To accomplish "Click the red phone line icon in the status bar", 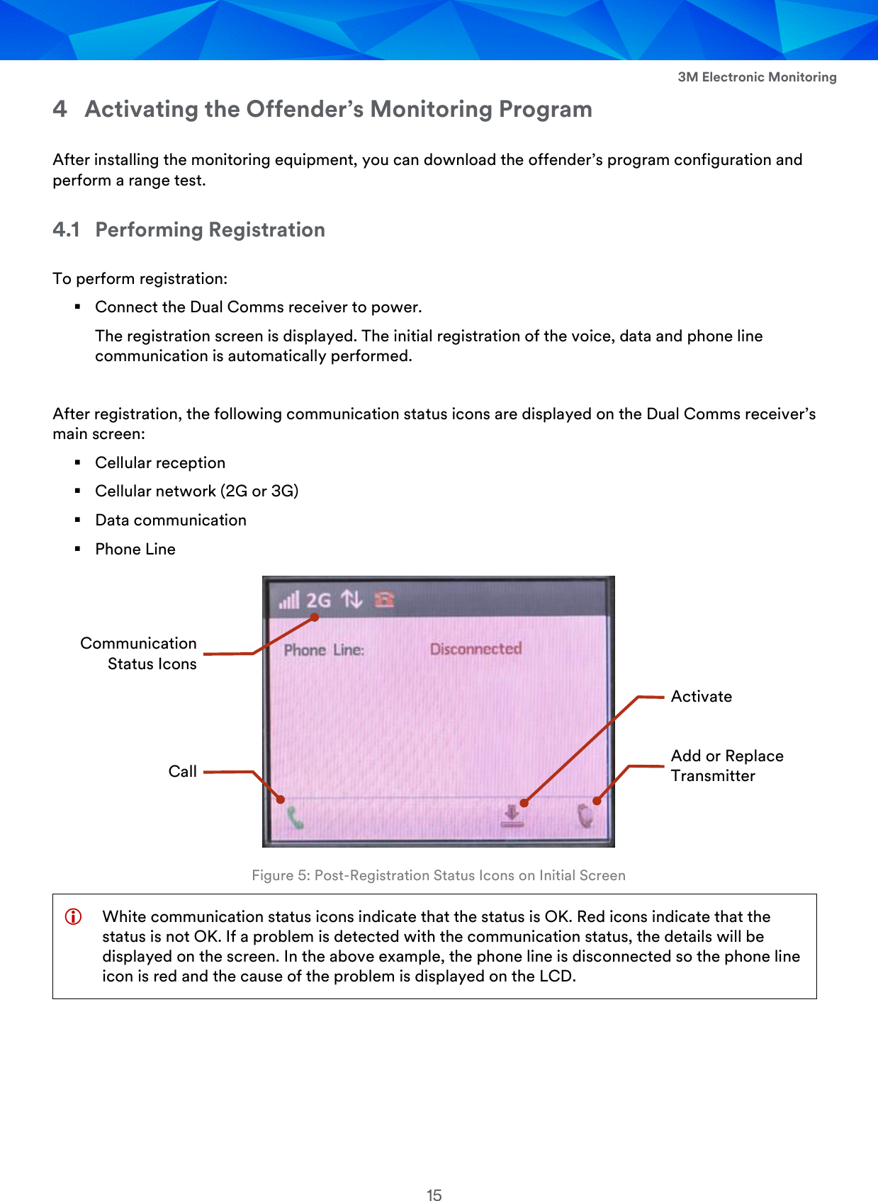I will click(x=384, y=600).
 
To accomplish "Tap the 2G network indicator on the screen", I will click(x=319, y=600).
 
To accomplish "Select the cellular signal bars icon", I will click(x=289, y=600).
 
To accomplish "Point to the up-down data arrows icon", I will click(x=351, y=600).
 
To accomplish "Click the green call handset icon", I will click(x=295, y=819).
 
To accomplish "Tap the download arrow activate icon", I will click(x=512, y=816).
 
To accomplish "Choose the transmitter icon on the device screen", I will click(x=585, y=816).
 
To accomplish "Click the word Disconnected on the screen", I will click(x=475, y=649).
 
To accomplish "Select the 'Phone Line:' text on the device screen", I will click(x=324, y=650).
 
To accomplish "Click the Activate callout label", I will click(x=702, y=696).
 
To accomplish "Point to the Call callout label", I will click(x=182, y=771).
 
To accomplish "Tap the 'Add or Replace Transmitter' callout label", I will click(x=727, y=765).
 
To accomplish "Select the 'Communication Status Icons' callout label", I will click(x=139, y=653).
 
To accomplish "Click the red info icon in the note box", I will click(x=73, y=916).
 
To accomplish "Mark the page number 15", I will click(x=434, y=1195).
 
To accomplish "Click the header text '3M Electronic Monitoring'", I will click(x=757, y=77).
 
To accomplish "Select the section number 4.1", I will click(x=66, y=229).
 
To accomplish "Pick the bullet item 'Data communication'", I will click(x=171, y=520).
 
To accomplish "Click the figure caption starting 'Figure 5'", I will click(x=439, y=875).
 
